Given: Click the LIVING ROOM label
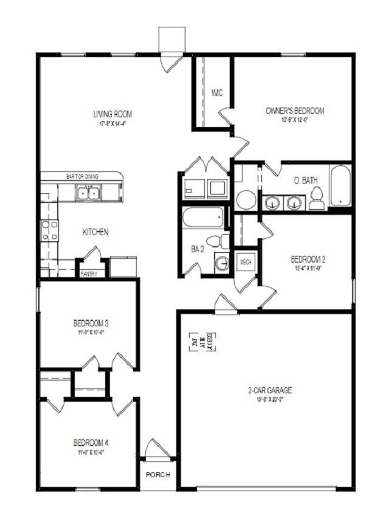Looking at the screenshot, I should tap(112, 114).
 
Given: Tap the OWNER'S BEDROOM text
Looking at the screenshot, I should tap(295, 111).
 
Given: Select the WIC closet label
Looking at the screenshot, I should tap(216, 93).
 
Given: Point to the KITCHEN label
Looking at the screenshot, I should tap(95, 232).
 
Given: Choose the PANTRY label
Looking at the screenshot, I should tap(89, 274).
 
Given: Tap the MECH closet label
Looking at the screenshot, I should tap(246, 261).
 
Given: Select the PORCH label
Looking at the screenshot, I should tap(158, 474).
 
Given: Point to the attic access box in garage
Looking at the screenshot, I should tap(204, 342).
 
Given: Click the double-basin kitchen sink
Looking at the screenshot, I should tap(88, 193).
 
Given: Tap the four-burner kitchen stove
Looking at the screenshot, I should tap(49, 230).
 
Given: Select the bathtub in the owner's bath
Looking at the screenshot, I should tap(340, 185).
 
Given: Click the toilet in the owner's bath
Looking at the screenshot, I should tap(316, 199).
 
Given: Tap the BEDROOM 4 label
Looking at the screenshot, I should tap(91, 442).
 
